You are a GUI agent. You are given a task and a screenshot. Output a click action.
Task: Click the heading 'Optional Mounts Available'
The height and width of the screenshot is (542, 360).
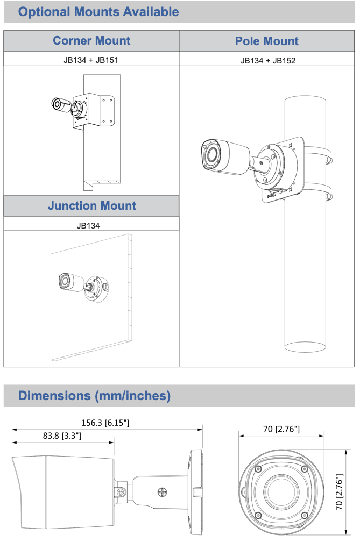point(98,12)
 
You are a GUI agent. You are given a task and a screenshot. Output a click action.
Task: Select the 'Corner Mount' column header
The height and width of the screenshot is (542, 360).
point(91,41)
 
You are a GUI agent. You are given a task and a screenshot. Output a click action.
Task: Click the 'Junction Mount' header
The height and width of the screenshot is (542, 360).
point(91,205)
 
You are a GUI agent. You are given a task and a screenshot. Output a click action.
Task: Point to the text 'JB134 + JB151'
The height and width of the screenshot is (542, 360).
point(91,60)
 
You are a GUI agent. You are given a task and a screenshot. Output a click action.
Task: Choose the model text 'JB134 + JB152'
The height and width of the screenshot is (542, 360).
point(267,60)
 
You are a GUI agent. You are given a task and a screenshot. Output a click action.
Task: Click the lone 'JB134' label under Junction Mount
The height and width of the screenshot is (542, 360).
point(91,225)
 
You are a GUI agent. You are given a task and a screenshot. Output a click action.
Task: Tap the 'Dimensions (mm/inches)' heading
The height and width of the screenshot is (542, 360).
point(94,396)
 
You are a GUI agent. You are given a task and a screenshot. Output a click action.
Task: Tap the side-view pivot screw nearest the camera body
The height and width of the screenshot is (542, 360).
point(123,492)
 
